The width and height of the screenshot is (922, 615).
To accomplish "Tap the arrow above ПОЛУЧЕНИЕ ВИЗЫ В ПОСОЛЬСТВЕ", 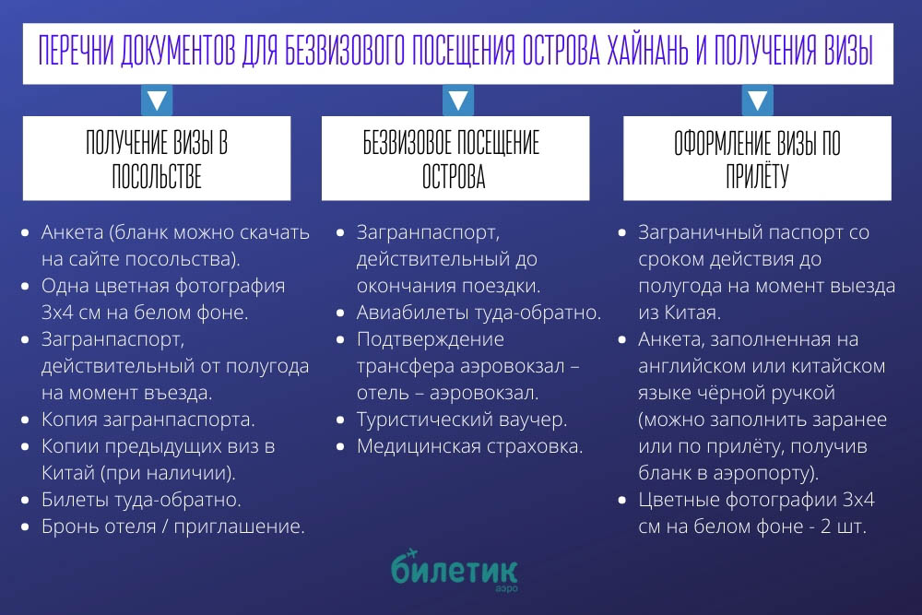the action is (x=157, y=101).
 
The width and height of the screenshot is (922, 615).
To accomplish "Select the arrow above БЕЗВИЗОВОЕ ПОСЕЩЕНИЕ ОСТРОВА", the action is (x=458, y=101).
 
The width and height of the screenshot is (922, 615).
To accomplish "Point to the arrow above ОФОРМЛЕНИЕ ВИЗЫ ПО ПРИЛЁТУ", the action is (x=757, y=101).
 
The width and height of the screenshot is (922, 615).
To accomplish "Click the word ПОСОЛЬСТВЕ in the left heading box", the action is (x=157, y=176).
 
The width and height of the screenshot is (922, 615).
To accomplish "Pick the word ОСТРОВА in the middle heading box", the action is (x=454, y=176).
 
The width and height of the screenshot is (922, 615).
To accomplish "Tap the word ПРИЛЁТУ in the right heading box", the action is (x=757, y=175).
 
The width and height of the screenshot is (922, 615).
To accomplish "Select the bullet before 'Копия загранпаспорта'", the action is (x=25, y=420).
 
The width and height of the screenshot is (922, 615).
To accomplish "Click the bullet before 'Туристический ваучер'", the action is (x=340, y=420).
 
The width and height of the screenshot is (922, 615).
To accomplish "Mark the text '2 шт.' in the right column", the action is (x=844, y=526).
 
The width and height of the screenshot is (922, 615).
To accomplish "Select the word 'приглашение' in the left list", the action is (x=239, y=526).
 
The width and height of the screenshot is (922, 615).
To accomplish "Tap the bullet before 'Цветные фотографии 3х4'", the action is (x=622, y=501).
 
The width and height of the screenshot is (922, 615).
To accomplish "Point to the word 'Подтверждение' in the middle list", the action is (x=431, y=340).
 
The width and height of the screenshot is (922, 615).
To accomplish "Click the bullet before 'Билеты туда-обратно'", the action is (x=25, y=501).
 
